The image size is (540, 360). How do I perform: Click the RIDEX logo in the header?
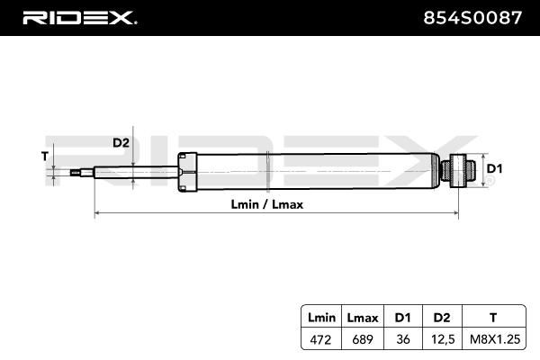click(79, 18)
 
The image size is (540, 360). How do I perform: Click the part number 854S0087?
click(472, 18)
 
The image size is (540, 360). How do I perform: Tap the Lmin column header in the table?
click(321, 318)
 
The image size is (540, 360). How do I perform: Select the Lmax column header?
click(363, 318)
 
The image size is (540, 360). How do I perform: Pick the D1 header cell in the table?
click(403, 318)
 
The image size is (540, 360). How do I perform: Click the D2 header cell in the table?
click(442, 318)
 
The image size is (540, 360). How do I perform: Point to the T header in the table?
click(493, 318)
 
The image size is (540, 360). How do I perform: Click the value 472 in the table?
click(320, 339)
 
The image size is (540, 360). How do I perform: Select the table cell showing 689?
click(363, 339)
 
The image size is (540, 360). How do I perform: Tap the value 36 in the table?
click(403, 339)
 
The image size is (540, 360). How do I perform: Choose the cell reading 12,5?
click(443, 339)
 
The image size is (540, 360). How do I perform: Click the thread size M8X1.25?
click(495, 339)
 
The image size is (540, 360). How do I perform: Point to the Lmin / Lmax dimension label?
click(267, 204)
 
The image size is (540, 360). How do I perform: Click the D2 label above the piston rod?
click(121, 142)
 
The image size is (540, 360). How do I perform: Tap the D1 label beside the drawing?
click(494, 169)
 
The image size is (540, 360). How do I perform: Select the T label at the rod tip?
click(45, 157)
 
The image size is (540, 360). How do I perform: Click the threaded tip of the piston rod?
click(76, 172)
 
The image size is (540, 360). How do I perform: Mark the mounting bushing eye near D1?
click(458, 170)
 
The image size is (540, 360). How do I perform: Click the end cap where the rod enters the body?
click(187, 172)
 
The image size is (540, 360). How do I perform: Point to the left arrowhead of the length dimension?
click(97, 213)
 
